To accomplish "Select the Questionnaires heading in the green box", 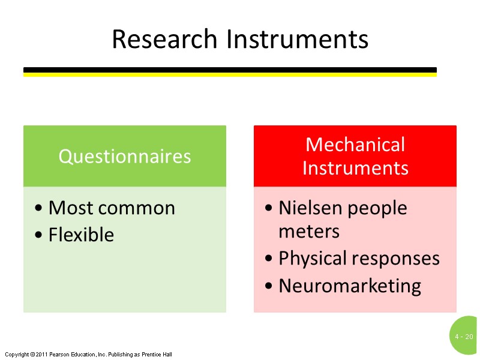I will (x=125, y=156).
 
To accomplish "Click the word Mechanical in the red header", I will (x=355, y=145).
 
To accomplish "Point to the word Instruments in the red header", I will (x=355, y=167).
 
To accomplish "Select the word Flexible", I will (x=81, y=235).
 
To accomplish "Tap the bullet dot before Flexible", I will (x=38, y=235).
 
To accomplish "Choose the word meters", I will (x=309, y=231).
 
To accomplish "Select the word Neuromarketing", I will (x=350, y=286).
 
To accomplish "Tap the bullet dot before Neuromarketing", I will (x=269, y=286).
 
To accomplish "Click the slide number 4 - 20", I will (x=464, y=337).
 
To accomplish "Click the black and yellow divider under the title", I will (x=230, y=72).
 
